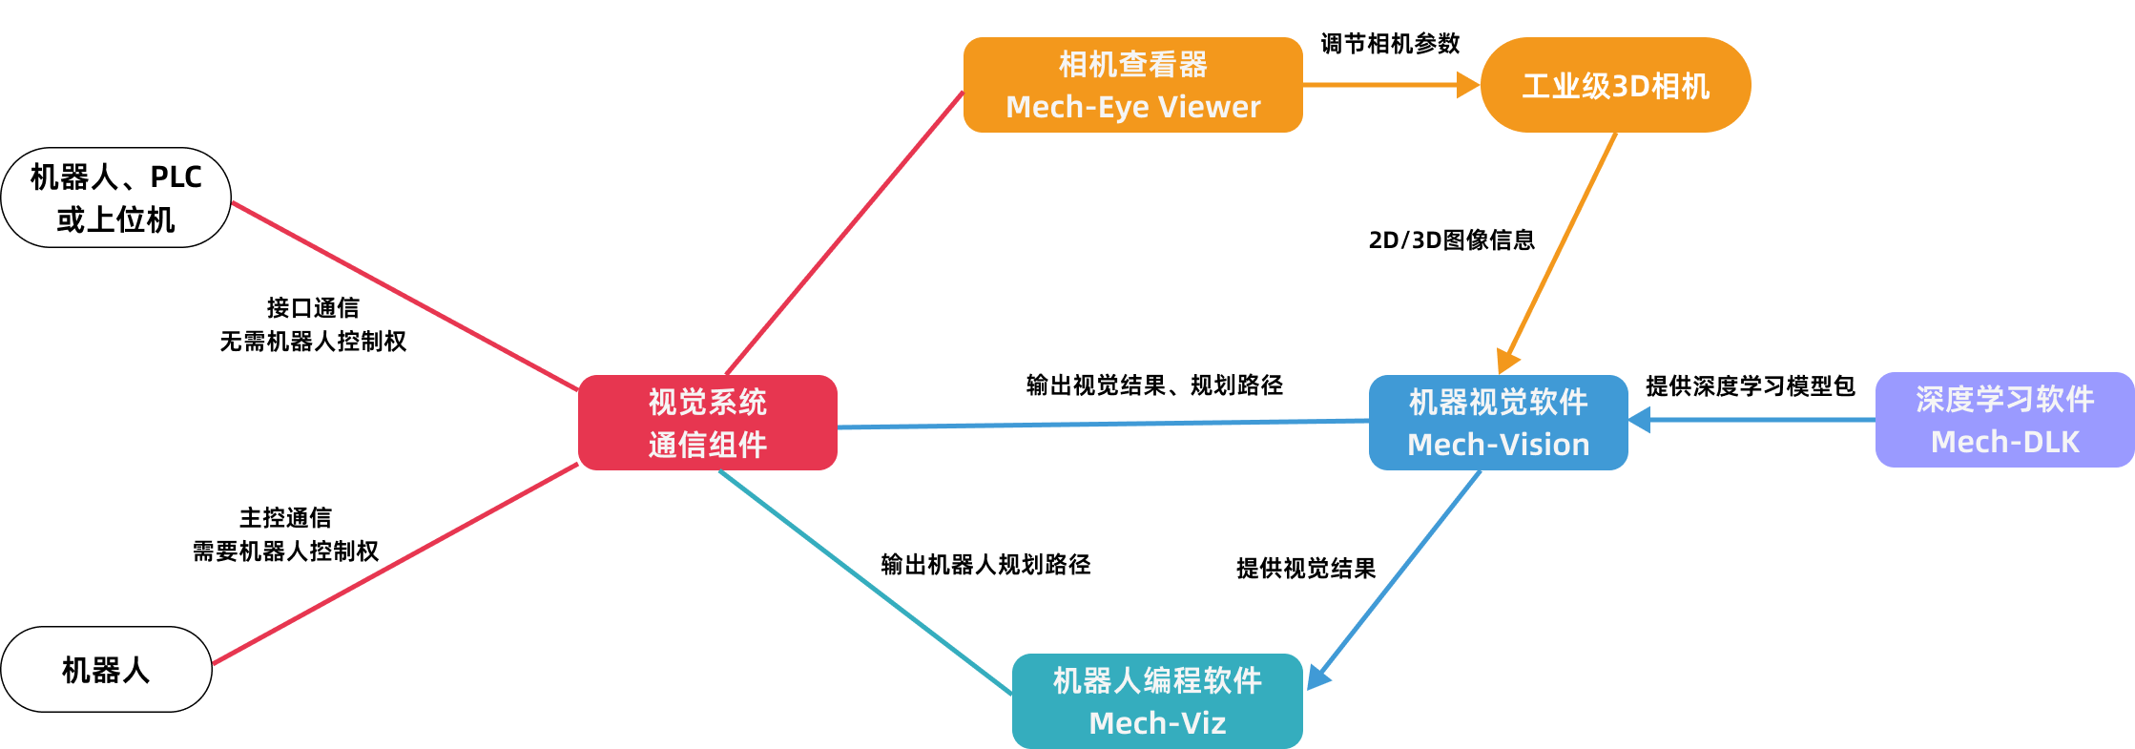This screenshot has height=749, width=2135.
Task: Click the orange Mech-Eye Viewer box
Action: [x=1132, y=85]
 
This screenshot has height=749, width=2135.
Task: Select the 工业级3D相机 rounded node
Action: [x=1615, y=85]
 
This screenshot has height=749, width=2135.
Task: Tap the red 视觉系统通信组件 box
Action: [x=707, y=423]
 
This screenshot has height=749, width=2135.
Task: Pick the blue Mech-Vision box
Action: [x=1498, y=423]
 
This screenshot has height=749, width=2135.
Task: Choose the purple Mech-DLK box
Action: [x=2004, y=420]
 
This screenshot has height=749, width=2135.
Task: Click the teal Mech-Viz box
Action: [x=1156, y=701]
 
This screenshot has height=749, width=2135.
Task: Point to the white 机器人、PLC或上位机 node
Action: [x=115, y=198]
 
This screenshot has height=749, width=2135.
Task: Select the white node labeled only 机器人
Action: [x=106, y=670]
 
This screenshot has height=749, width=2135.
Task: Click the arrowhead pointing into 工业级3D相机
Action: [x=1468, y=85]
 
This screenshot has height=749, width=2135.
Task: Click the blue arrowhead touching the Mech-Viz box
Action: [x=1317, y=676]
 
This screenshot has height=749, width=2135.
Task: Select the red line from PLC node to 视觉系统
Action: [x=405, y=296]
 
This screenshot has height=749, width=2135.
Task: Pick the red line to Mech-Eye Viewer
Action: [x=844, y=233]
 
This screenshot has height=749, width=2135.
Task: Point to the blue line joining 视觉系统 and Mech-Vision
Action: [x=1102, y=424]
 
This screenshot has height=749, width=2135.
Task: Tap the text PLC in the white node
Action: [x=176, y=177]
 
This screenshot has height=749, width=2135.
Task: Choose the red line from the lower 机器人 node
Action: [x=395, y=564]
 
